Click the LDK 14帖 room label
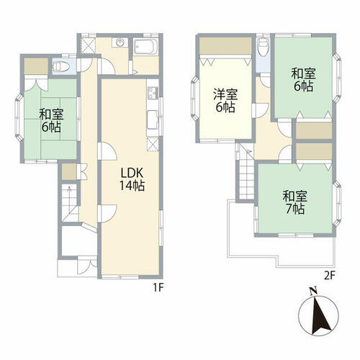[132, 179]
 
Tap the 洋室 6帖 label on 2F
[225, 101]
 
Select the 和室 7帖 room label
[295, 202]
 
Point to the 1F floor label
[158, 287]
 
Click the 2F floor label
[330, 276]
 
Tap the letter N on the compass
[313, 292]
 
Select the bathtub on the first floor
[145, 47]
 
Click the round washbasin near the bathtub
[120, 42]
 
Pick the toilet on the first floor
[60, 66]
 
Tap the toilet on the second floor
[263, 47]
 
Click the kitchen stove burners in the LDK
[153, 93]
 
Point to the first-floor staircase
[70, 203]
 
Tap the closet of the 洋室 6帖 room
[225, 46]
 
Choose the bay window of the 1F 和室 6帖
[19, 117]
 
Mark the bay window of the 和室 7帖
[337, 204]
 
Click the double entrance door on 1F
[87, 266]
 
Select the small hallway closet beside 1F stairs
[69, 172]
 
